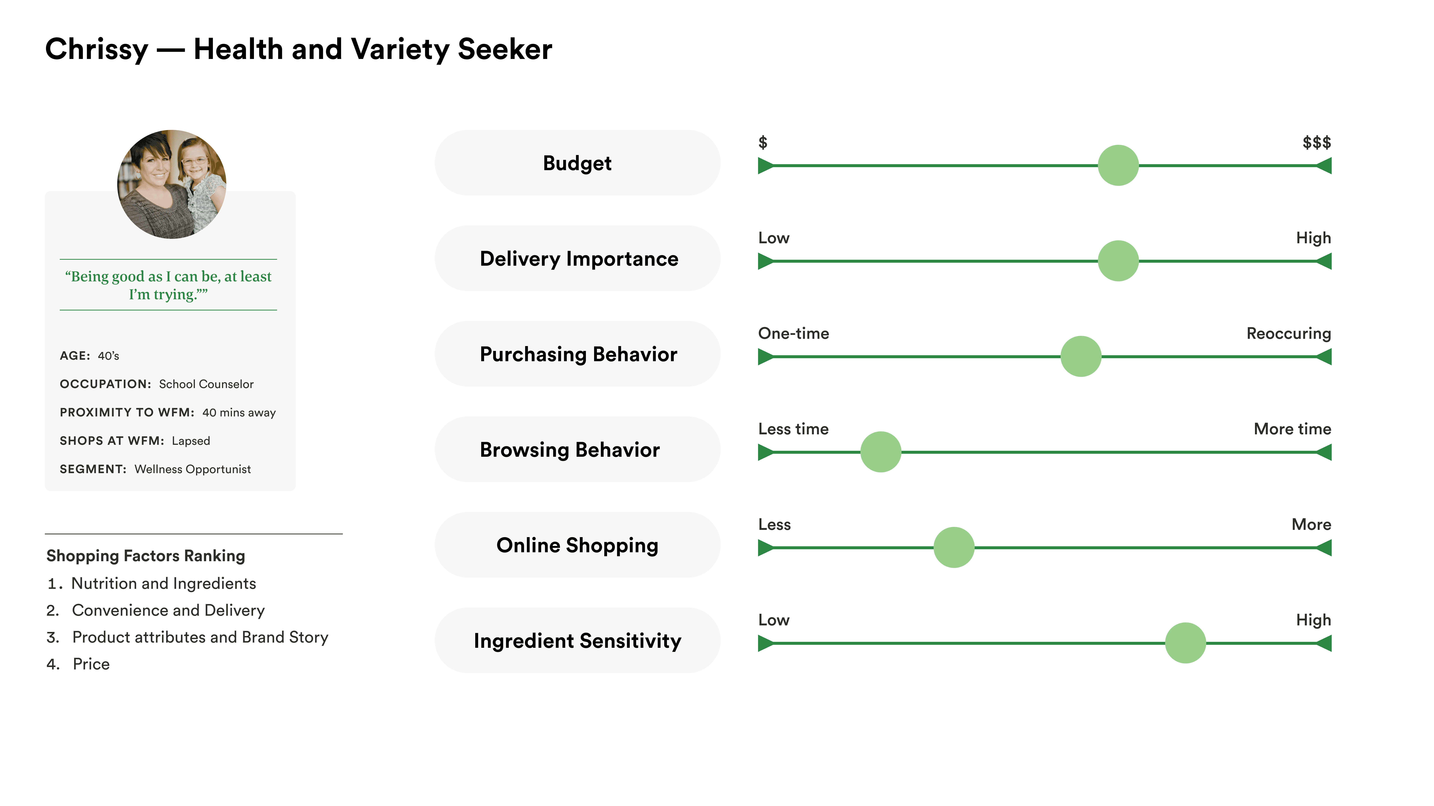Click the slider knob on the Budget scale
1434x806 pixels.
pos(1118,165)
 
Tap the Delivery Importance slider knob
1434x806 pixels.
pos(1118,261)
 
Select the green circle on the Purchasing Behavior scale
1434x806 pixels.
pos(1081,357)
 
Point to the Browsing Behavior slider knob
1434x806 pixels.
pos(881,452)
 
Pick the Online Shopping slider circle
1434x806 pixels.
pos(954,547)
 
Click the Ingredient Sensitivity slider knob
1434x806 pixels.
pos(1185,643)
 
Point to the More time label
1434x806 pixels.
pos(1292,429)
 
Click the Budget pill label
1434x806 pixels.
pos(577,163)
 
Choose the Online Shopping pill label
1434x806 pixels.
pos(577,545)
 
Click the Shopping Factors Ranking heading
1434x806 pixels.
pos(146,556)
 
